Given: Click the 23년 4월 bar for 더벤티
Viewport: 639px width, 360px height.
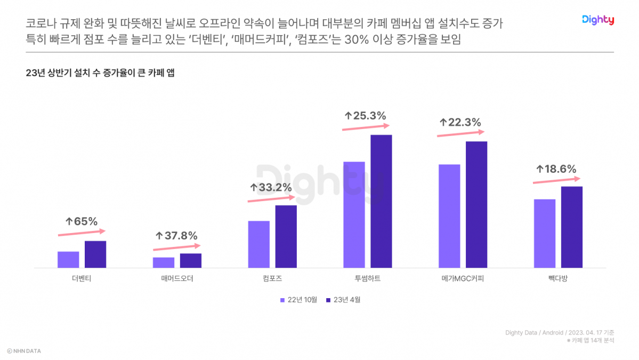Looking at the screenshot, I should coord(95,254).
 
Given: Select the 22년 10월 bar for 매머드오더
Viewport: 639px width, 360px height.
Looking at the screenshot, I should coord(164,262).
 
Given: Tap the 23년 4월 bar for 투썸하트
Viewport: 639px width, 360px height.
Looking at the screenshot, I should coord(381,201).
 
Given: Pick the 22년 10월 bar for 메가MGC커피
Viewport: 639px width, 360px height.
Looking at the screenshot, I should coord(449,216).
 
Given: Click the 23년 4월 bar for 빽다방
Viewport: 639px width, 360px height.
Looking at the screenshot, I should coord(572,227).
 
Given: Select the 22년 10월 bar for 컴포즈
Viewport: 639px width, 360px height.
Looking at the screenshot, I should coord(259,244).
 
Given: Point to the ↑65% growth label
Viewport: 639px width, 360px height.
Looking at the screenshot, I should coord(82,221).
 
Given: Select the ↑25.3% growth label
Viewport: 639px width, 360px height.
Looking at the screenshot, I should coord(365,115).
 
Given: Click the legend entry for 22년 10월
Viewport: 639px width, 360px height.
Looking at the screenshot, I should coord(298,300).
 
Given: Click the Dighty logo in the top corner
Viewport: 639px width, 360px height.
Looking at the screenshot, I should coord(597,20).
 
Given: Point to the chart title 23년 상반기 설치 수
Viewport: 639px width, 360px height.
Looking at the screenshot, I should coord(100,74).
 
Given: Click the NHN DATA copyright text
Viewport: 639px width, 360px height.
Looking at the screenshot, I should coord(24,351).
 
